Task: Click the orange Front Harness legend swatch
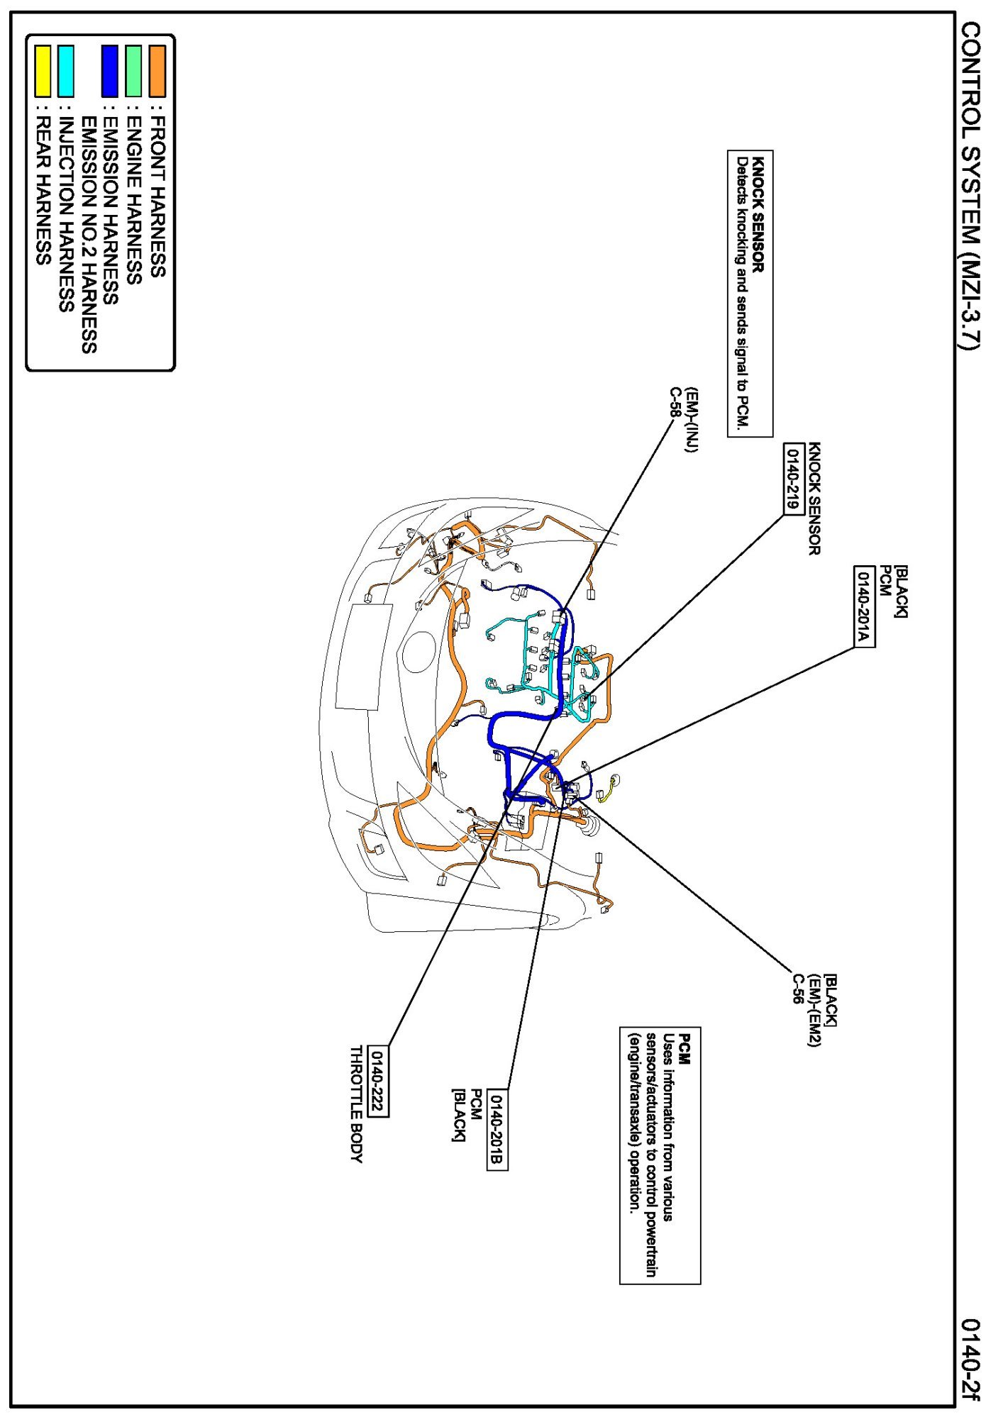pyautogui.click(x=157, y=71)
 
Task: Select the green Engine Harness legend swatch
pyautogui.click(x=133, y=71)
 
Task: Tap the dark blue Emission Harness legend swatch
pyautogui.click(x=110, y=71)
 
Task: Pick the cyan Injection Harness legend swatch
pyautogui.click(x=66, y=71)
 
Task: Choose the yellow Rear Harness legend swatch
pyautogui.click(x=43, y=71)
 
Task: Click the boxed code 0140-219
pyautogui.click(x=793, y=479)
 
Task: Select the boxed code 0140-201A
pyautogui.click(x=863, y=606)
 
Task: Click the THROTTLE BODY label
pyautogui.click(x=356, y=1104)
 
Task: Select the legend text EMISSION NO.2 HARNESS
pyautogui.click(x=89, y=235)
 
